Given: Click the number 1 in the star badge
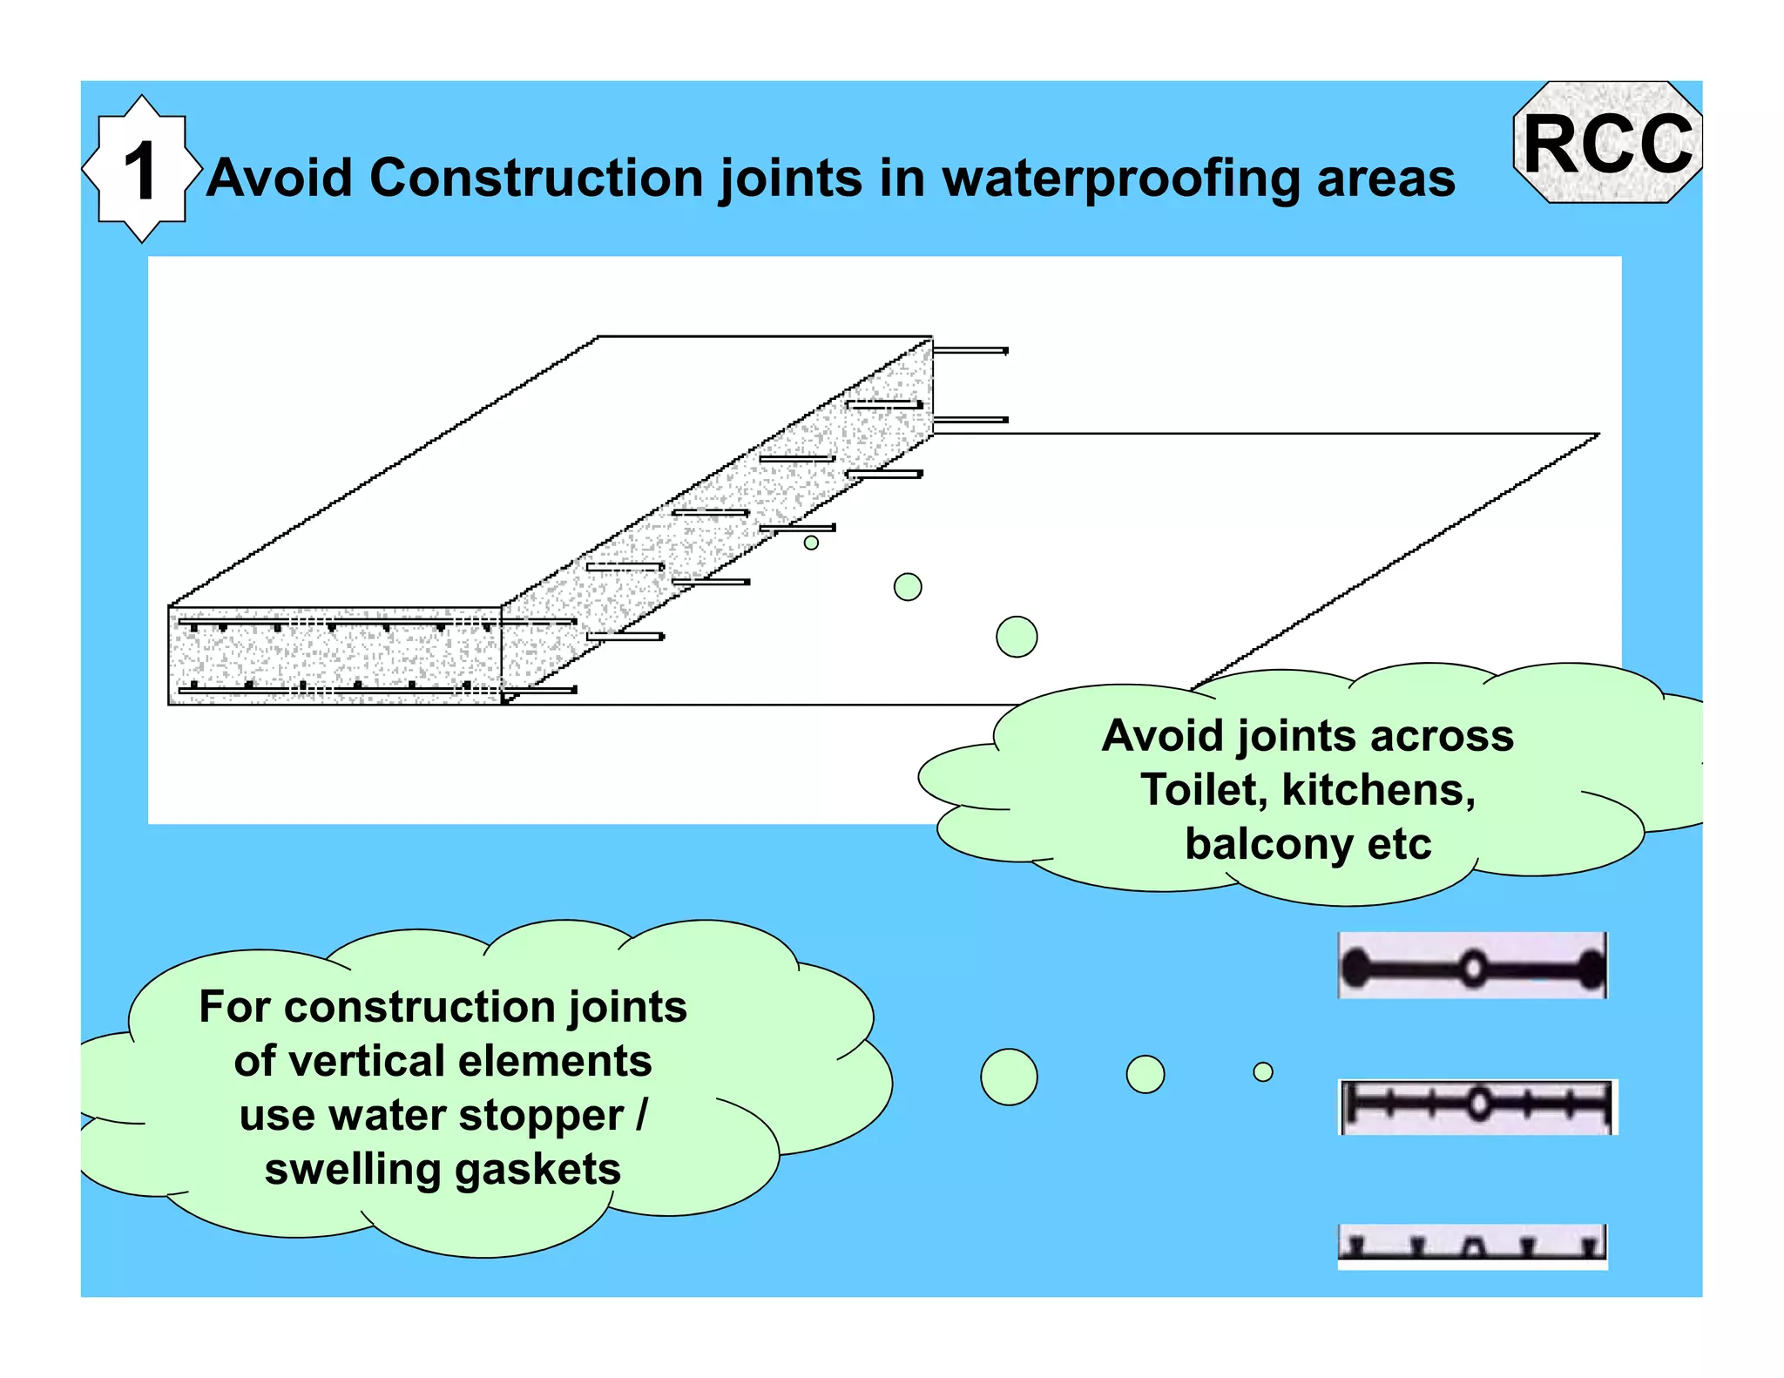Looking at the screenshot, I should pos(140,171).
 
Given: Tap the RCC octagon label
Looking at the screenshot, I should pos(1608,144).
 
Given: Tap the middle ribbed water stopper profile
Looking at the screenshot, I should pos(1477,1106).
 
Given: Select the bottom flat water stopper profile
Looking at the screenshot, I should pos(1472,1246).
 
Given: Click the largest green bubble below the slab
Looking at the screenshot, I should pos(1017,637).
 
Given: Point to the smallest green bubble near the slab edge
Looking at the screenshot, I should pos(811,543).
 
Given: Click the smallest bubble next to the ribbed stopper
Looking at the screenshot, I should pos(1263,1072).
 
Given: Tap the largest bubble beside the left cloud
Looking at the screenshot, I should pos(1009,1077).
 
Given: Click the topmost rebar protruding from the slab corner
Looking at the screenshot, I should pos(970,351).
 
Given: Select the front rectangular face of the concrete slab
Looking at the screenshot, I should pos(334,656).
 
